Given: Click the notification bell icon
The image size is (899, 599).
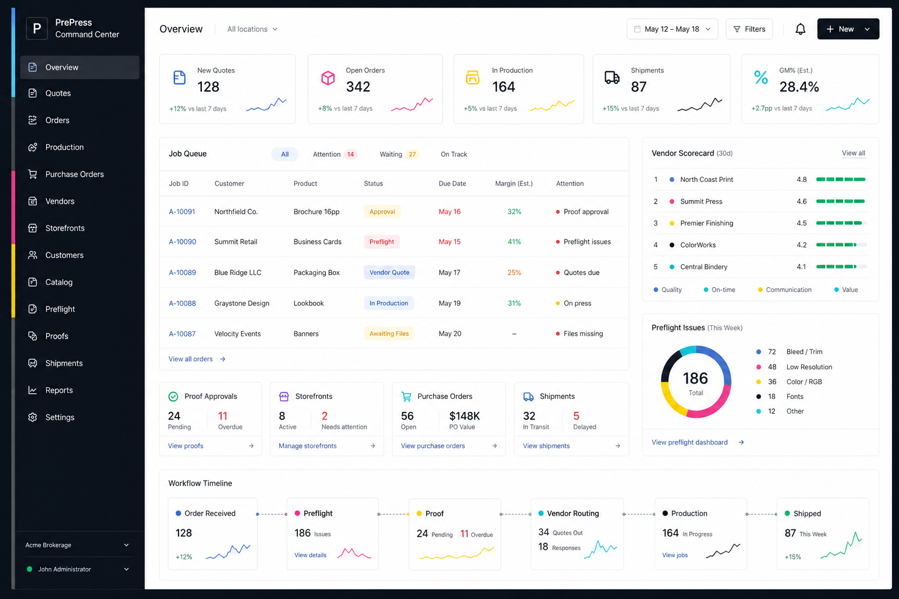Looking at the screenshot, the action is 800,29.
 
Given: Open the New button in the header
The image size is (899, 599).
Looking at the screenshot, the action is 848,29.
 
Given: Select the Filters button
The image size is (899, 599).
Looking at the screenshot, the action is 749,29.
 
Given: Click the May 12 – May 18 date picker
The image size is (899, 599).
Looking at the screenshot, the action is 672,29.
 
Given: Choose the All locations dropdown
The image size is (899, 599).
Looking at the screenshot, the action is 252,29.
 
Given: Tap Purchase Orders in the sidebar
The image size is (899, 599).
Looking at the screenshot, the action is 74,174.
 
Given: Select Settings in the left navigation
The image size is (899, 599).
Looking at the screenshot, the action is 59,417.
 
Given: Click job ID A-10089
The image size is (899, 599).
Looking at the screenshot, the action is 182,273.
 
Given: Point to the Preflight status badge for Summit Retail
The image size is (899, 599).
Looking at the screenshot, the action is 382,242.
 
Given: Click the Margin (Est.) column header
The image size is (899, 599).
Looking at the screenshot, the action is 514,183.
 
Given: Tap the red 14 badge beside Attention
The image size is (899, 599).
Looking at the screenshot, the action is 351,154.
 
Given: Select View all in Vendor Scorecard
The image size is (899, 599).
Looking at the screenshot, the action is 853,153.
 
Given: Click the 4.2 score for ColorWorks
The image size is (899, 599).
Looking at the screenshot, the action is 801,245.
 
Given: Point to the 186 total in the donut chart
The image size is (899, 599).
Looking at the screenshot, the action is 695,378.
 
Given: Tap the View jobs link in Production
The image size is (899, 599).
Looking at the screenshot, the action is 675,555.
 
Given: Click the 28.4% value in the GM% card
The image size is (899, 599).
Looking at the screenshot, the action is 799,87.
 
